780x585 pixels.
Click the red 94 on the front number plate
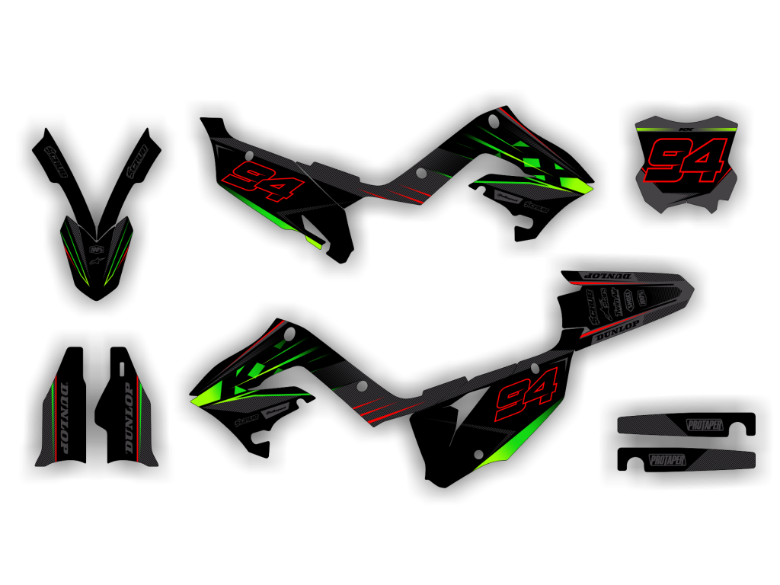685,161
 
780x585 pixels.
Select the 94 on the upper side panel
263,181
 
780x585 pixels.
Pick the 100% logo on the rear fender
641,299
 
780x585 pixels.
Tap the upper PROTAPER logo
705,425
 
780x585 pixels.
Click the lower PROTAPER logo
667,460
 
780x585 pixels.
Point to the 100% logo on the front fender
97,249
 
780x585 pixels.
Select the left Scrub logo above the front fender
56,162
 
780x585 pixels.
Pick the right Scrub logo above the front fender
137,161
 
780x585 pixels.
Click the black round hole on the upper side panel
421,174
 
